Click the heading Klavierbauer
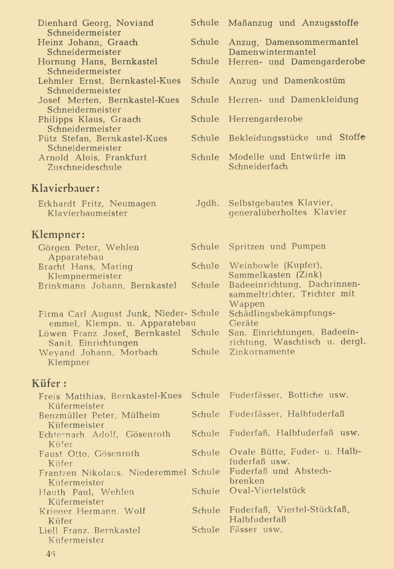pos(65,188)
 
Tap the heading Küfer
pos(49,383)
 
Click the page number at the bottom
pos(51,553)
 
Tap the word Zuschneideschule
pos(84,168)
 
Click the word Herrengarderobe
pos(265,119)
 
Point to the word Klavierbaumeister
pos(87,213)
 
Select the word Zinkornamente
pos(262,352)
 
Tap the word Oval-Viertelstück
pos(267,491)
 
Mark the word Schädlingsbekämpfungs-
pos(282,313)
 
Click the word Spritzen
pos(246,247)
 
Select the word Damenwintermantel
pos(272,52)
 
